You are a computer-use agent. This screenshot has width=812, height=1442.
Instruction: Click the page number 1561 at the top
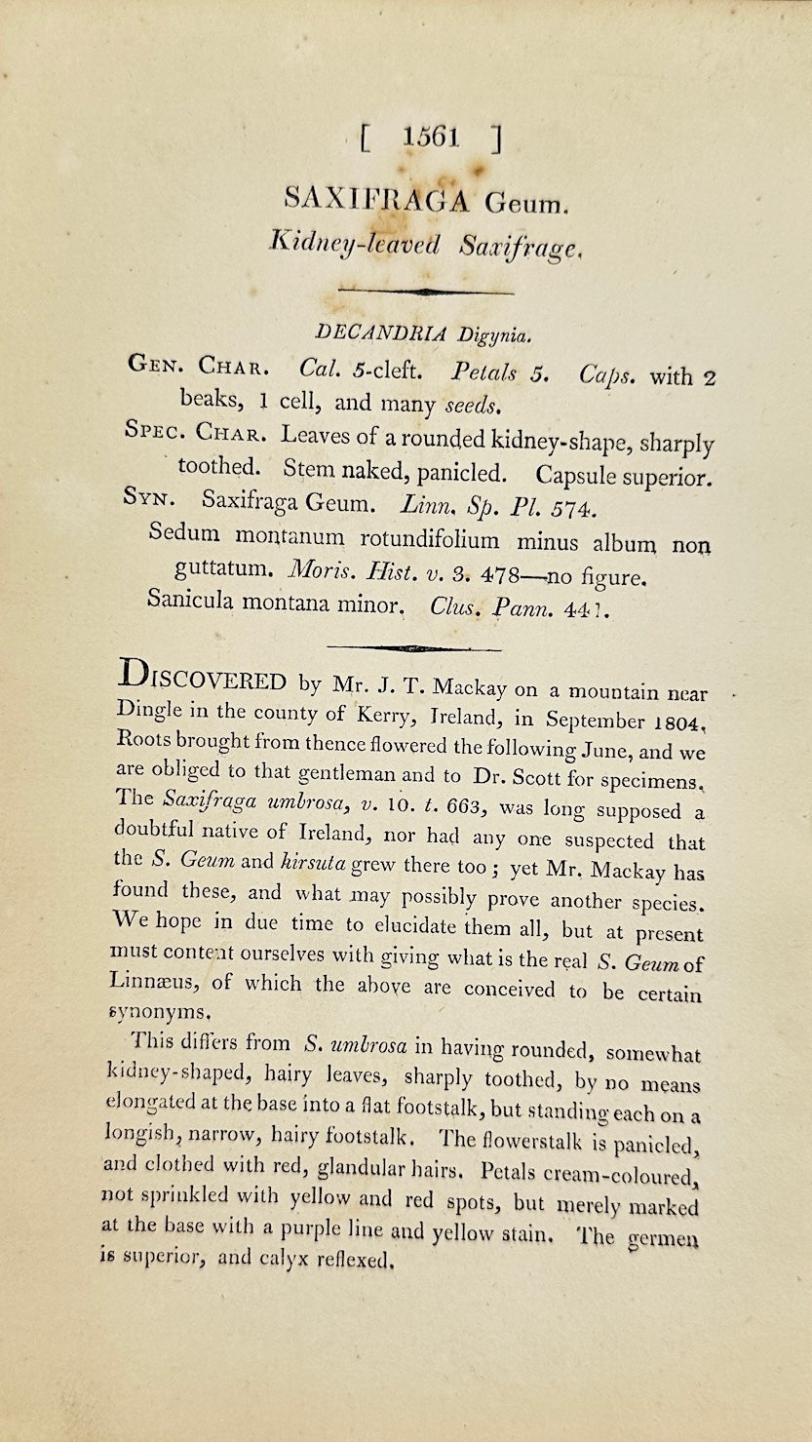(x=430, y=137)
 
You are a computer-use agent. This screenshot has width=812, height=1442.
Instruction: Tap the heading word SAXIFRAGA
(x=376, y=199)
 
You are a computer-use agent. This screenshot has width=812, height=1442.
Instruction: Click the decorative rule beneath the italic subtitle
(x=424, y=291)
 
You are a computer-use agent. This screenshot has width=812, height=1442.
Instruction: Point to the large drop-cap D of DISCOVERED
(x=134, y=676)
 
